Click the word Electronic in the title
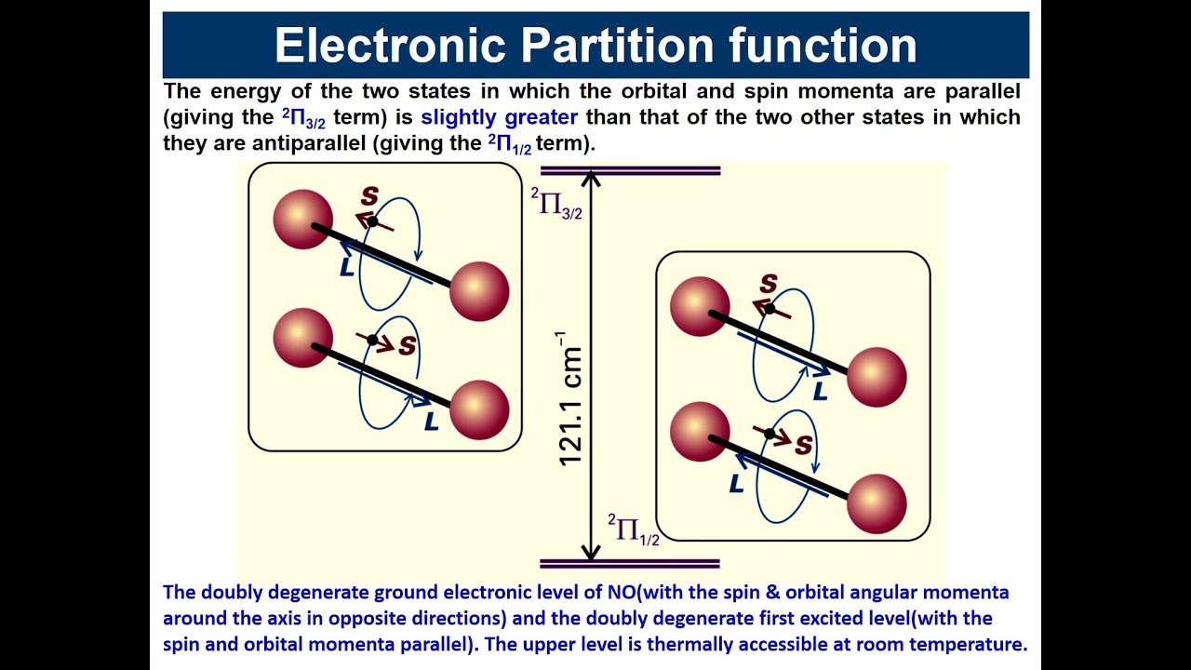tap(391, 46)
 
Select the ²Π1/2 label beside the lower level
tap(634, 529)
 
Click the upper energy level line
tap(630, 171)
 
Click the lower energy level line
tap(630, 563)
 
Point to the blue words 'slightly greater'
tap(500, 117)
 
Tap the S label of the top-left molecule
tap(370, 197)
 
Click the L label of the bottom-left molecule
tap(432, 422)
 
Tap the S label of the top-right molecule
tap(769, 284)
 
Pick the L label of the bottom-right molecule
tap(737, 484)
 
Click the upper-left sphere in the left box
tap(303, 219)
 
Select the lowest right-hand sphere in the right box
tap(877, 503)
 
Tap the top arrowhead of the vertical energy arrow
tap(591, 178)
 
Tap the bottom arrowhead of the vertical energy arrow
tap(591, 555)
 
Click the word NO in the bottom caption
tap(617, 593)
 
